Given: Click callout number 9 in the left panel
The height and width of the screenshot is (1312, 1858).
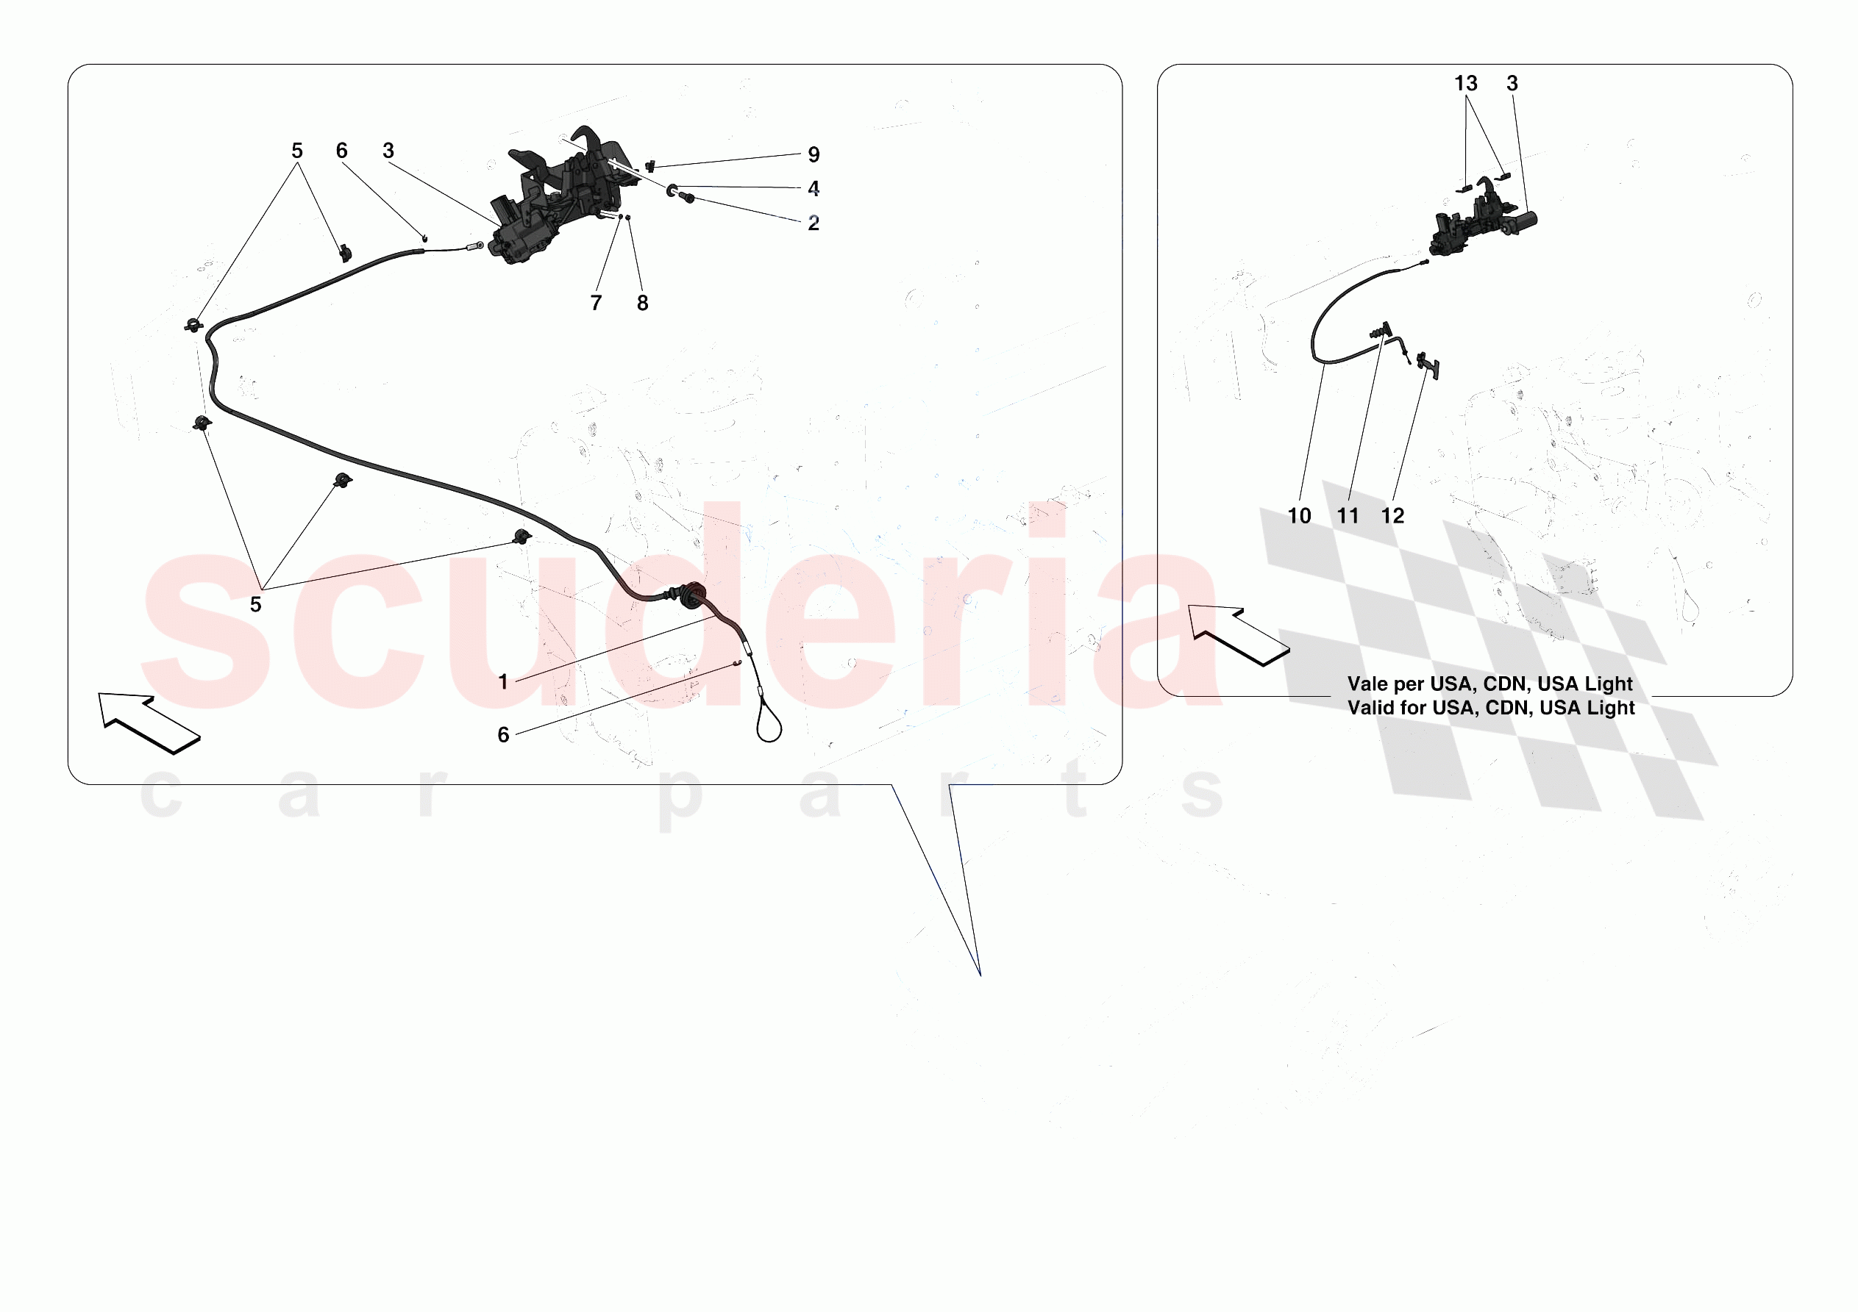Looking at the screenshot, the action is coord(814,154).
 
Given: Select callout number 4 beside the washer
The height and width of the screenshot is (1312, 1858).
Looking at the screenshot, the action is coord(814,188).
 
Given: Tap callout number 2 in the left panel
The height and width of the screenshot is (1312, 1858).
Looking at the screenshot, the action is coord(814,223).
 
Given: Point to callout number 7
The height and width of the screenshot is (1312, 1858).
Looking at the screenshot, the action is coord(597,303).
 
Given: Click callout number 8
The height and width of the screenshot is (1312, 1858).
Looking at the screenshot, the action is coord(643,303).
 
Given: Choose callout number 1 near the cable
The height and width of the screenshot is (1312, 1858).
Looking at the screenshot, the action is coord(503,682).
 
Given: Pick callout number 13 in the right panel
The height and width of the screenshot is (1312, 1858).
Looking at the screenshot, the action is coord(1465,83).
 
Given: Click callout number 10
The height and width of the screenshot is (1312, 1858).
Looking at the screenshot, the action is coord(1299,516).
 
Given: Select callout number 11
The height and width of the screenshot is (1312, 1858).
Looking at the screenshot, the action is coord(1348,516).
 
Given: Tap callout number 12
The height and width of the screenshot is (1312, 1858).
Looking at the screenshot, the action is coord(1392,516).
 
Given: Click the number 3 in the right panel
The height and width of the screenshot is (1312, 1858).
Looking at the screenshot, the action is coord(1512,83).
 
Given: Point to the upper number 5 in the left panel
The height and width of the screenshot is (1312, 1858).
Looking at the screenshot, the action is coord(297,151).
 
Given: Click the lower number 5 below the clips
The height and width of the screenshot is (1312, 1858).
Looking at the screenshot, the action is coord(256,604).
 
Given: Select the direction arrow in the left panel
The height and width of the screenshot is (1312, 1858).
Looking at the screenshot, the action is coord(149,723).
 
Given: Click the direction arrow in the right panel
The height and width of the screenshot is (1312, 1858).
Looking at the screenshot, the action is coord(1238,635).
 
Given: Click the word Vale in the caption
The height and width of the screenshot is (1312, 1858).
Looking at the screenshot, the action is coord(1367,684).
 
